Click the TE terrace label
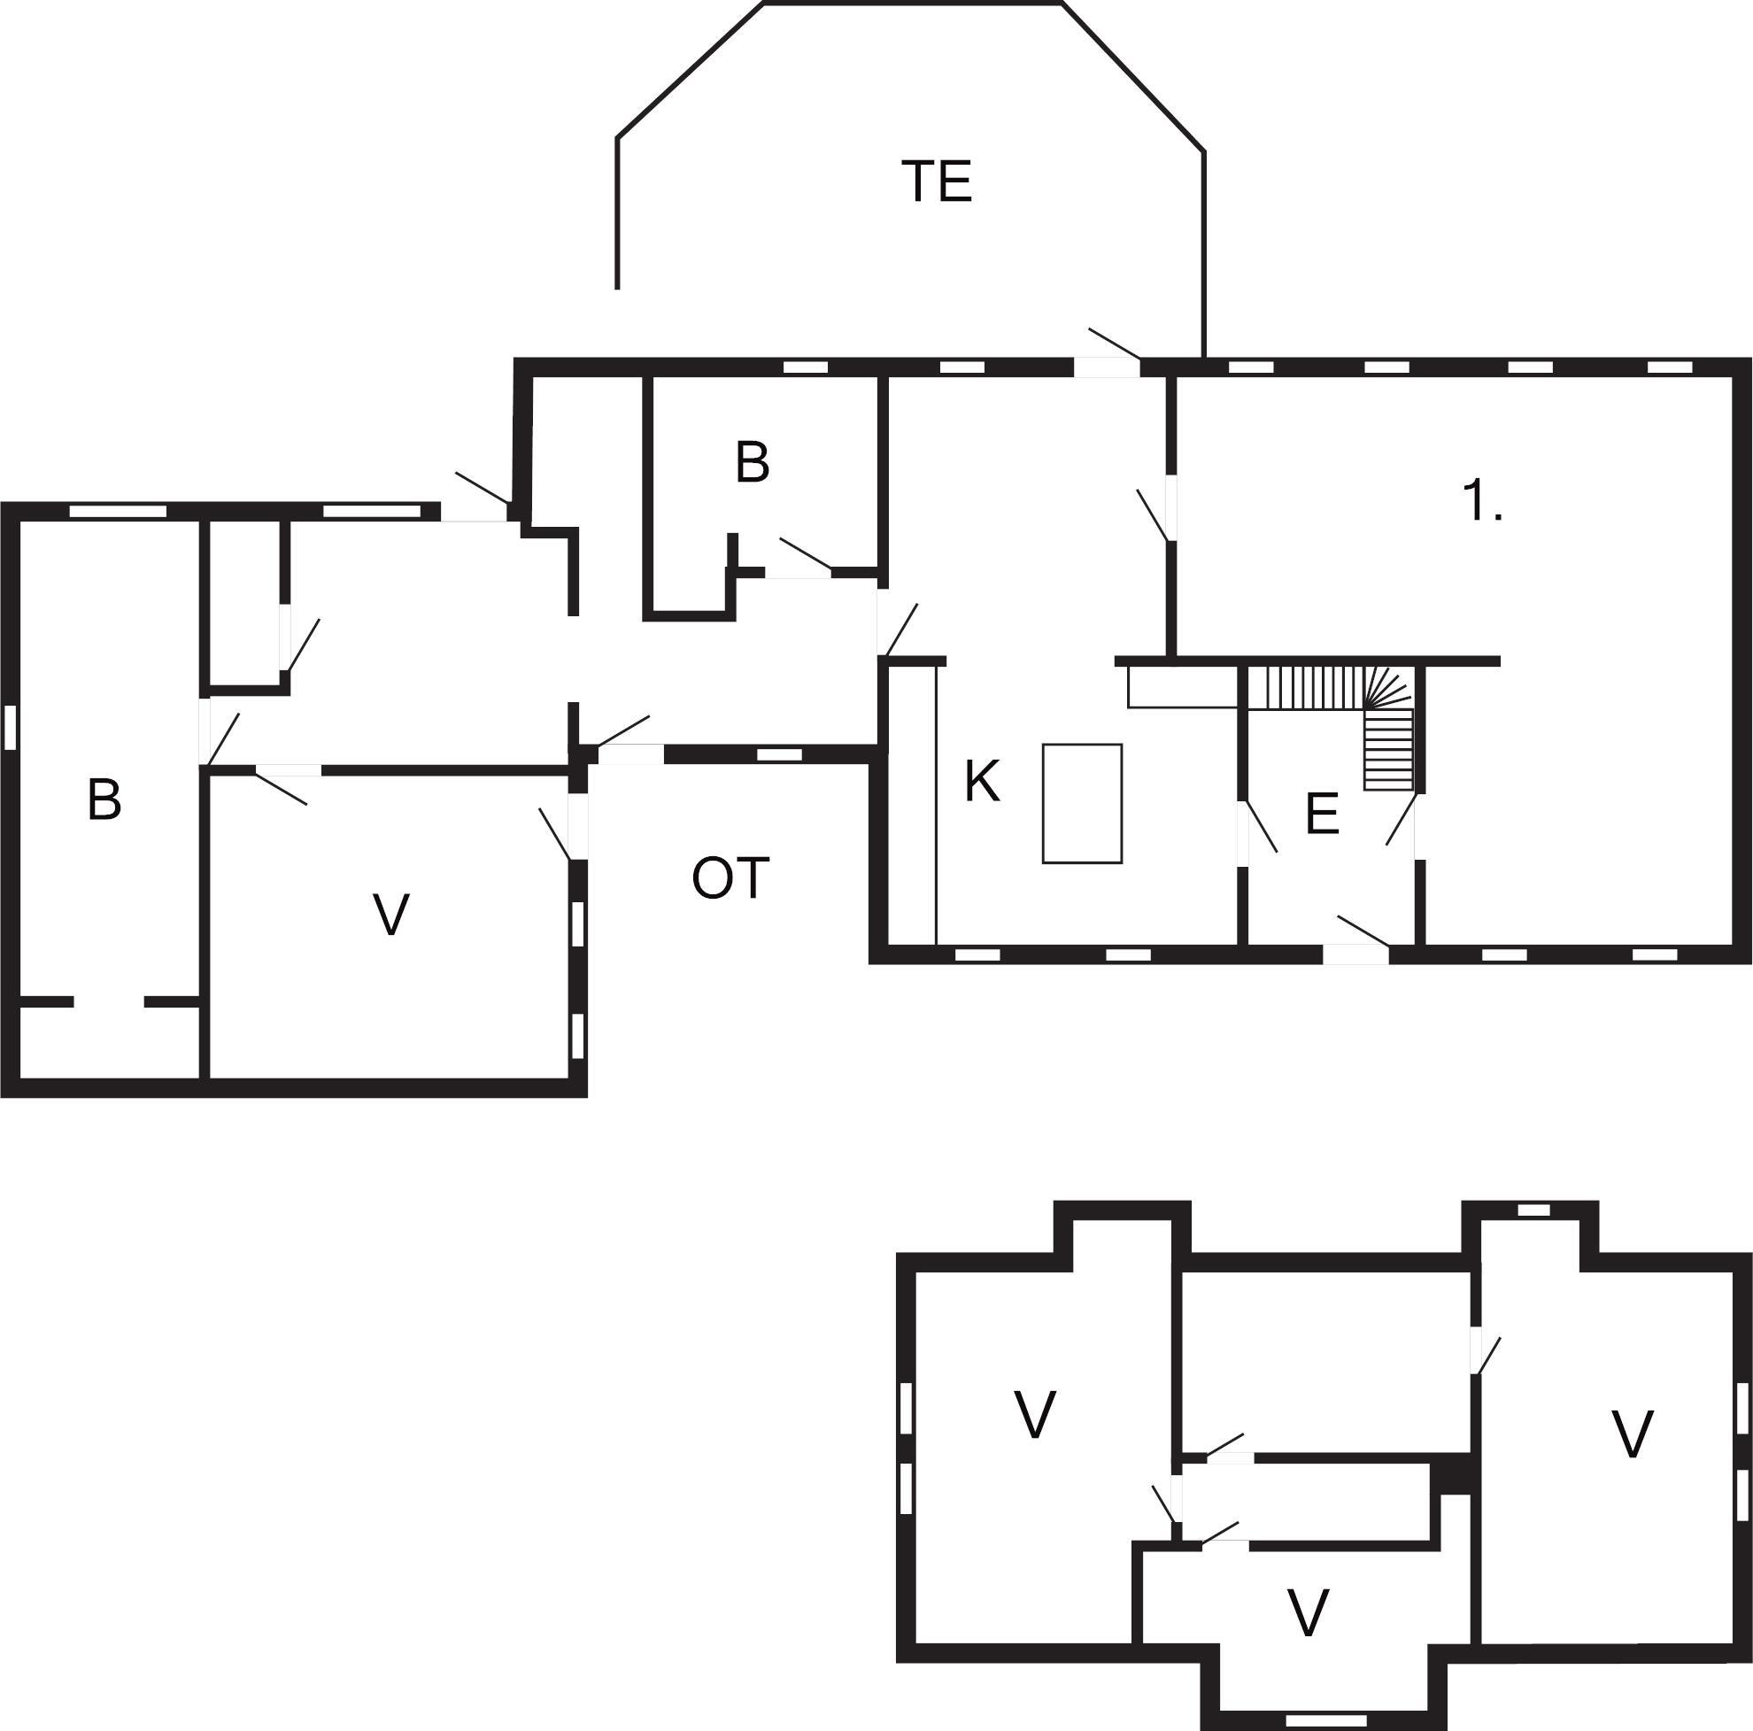[x=937, y=182]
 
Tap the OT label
[x=730, y=878]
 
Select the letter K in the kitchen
[x=982, y=781]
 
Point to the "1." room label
[x=1483, y=500]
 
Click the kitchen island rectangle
[x=1083, y=803]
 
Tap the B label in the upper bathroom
[x=753, y=462]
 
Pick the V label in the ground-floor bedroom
[x=391, y=915]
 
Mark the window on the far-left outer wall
[x=11, y=728]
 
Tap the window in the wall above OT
[x=779, y=753]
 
